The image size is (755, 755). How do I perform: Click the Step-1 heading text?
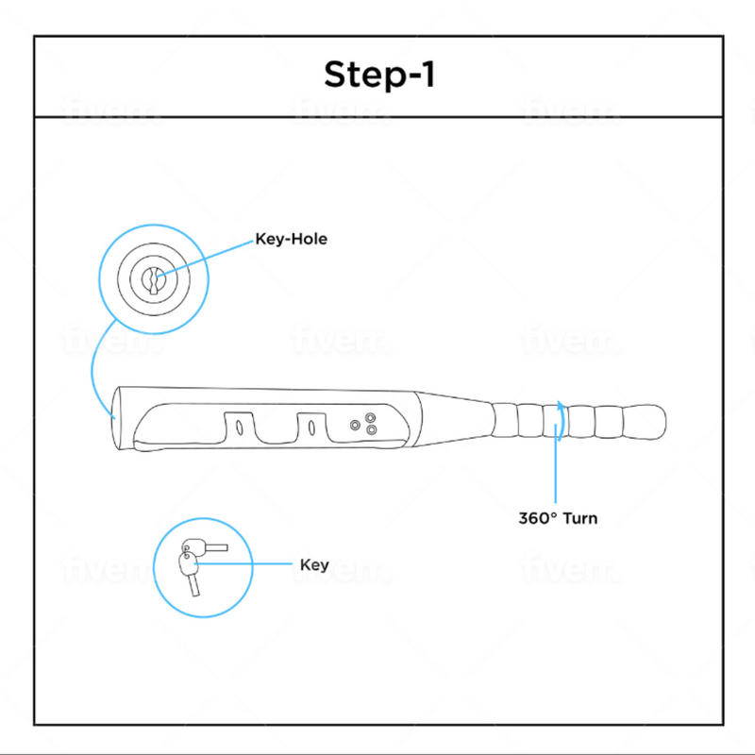coord(378,75)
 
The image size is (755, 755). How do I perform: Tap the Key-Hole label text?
coord(291,240)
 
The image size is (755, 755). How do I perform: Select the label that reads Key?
coord(313,565)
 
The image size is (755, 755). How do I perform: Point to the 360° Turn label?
coord(557,518)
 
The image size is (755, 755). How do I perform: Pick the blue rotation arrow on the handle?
coord(561,420)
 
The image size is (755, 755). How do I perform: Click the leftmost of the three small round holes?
coord(355,426)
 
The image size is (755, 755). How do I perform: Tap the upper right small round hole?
coord(370,417)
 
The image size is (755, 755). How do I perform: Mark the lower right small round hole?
coord(371,431)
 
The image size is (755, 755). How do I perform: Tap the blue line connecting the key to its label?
coord(250,564)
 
